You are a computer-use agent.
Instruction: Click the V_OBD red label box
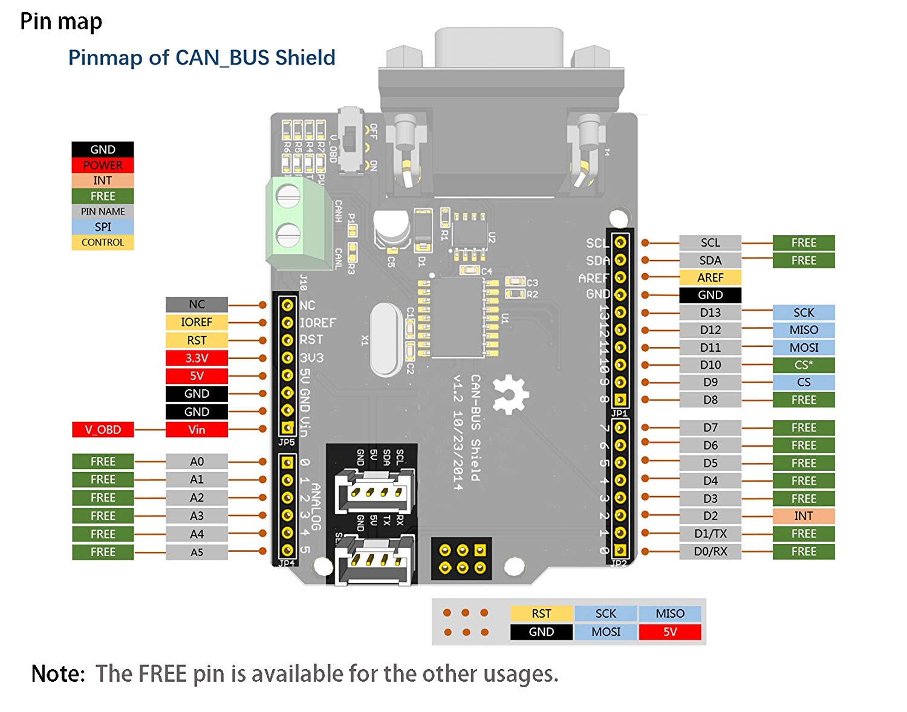(103, 430)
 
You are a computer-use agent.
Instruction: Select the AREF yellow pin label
(710, 277)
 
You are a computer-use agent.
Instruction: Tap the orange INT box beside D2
(803, 516)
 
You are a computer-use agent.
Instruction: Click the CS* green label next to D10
(803, 365)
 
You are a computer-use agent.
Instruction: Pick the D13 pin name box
(710, 312)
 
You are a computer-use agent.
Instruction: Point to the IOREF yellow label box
(197, 322)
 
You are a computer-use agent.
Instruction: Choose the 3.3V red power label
(197, 358)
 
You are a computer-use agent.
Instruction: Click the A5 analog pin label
(197, 552)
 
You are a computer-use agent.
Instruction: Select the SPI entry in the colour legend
(103, 227)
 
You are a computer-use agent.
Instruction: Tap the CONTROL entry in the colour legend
(103, 242)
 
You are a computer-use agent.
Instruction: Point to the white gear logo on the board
(510, 394)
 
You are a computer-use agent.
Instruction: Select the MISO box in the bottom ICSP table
(669, 613)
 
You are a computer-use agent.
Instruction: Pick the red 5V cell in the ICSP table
(669, 632)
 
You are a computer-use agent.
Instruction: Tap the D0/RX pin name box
(710, 551)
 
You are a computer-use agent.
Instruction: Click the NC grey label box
(197, 304)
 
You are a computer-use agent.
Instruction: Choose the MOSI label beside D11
(803, 348)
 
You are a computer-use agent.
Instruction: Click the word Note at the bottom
(58, 673)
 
